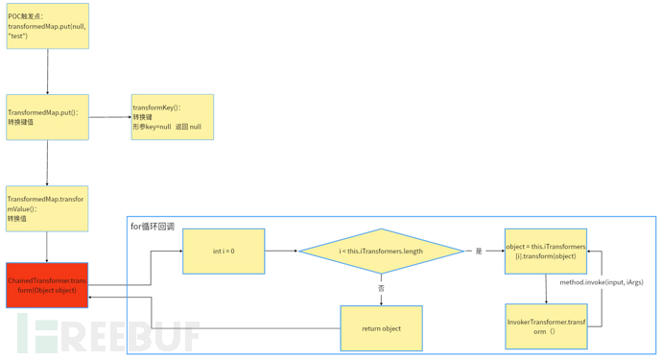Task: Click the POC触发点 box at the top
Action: [47, 26]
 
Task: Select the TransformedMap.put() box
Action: [47, 117]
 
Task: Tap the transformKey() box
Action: [172, 117]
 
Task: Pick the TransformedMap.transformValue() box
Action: [47, 208]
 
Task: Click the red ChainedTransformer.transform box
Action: [47, 285]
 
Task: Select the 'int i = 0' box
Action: [224, 252]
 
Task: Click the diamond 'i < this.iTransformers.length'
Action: [381, 252]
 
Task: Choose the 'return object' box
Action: [381, 328]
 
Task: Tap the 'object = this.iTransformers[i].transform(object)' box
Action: [545, 252]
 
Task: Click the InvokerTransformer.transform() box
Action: [545, 326]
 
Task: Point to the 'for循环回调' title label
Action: [153, 227]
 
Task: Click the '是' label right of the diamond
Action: [479, 252]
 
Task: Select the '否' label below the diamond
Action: [381, 288]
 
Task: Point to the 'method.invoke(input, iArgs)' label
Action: [602, 282]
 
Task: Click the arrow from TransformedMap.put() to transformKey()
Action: [109, 117]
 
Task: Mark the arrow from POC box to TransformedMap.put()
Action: [47, 72]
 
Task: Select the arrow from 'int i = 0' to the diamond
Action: [281, 252]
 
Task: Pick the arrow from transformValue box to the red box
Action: [47, 247]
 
